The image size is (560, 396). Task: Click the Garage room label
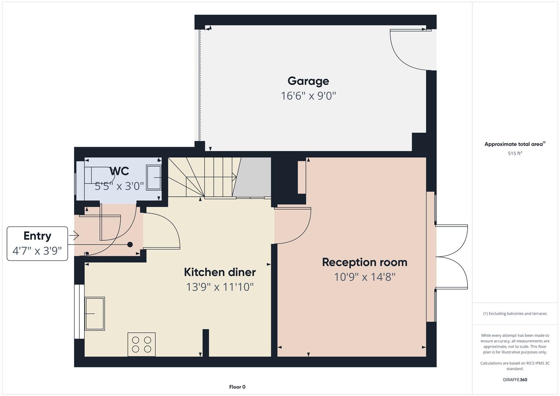point(308,81)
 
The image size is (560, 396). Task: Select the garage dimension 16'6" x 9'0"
point(308,96)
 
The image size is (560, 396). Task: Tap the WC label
point(119,171)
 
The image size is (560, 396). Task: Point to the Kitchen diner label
point(220,272)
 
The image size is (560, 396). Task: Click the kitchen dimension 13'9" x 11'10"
point(220,287)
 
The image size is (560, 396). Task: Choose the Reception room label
point(365,262)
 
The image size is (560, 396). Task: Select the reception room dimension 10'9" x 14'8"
point(365,277)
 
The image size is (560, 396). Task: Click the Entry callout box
point(37,243)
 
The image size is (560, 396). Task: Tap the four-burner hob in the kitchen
point(142,344)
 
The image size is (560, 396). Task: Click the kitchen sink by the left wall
point(95,313)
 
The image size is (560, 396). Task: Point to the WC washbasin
point(154,177)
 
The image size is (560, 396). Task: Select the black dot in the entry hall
point(130,245)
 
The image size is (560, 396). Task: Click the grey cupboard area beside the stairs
point(253,177)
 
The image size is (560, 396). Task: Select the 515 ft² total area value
point(515,154)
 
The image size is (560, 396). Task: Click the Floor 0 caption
point(237,387)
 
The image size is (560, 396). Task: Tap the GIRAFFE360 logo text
point(515,379)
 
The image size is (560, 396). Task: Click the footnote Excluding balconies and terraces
point(515,313)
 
